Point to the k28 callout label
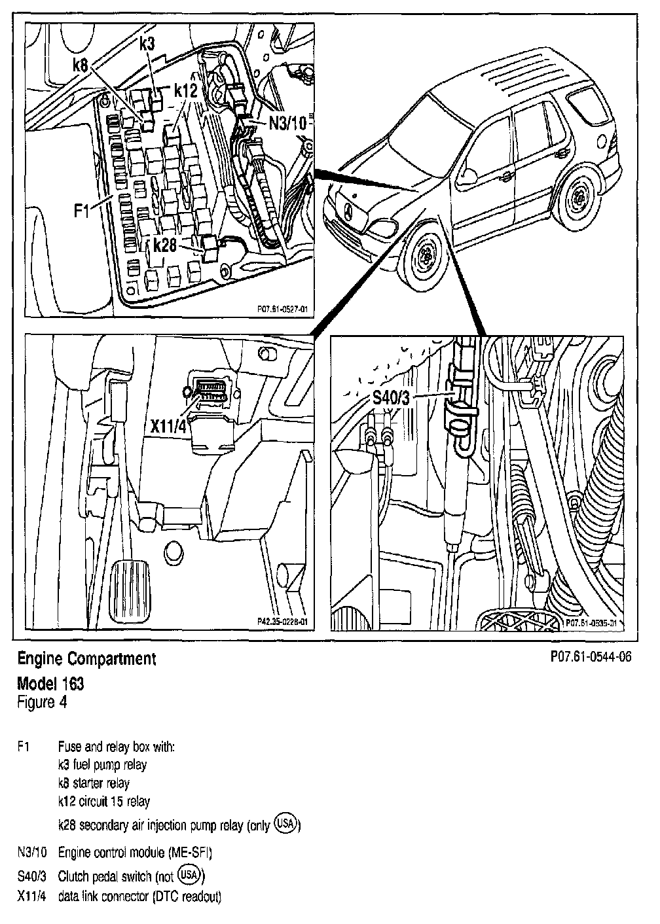168,245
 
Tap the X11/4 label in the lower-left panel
170,426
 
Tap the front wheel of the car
426,252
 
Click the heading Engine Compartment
86,658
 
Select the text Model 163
50,684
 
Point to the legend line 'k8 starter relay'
94,783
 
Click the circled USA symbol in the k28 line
286,823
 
